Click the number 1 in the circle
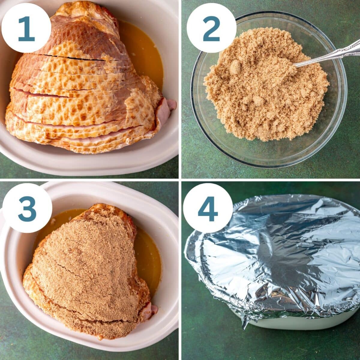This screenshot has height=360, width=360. point(26,29)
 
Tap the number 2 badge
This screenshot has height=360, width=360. point(211,29)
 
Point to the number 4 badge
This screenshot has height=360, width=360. point(208,208)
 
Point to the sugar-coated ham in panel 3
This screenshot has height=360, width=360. point(87,270)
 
